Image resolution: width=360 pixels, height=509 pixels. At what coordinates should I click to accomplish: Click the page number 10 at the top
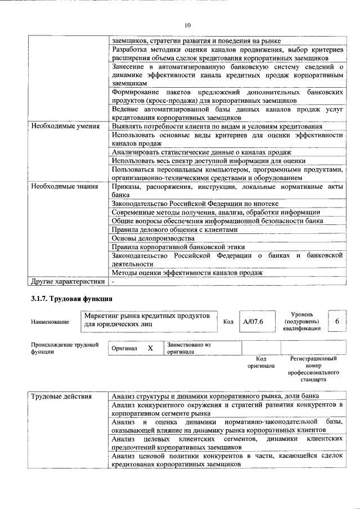(188, 25)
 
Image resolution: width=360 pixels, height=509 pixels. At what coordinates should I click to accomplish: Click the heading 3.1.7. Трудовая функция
(72, 299)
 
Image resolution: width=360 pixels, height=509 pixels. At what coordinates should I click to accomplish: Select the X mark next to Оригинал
(150, 348)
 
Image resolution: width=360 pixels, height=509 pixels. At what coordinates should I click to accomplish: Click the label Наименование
(50, 322)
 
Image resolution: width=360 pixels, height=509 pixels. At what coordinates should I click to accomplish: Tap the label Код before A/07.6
(228, 322)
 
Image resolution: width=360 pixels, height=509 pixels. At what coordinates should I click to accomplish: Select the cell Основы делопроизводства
(145, 238)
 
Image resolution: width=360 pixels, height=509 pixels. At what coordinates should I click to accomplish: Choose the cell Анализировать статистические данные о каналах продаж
(201, 152)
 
